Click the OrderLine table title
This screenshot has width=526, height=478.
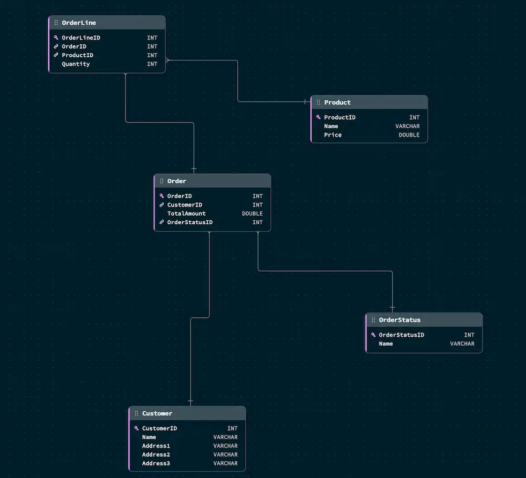coord(79,23)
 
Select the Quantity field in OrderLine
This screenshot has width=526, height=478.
coord(76,64)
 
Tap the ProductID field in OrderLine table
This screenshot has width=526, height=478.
coord(77,55)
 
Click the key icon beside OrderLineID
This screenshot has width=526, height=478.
coord(56,38)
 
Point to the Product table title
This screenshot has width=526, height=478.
coord(337,102)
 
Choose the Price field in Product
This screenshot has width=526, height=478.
coord(333,135)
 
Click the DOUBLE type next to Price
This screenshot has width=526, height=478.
coord(409,135)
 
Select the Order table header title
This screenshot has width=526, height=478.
coord(176,181)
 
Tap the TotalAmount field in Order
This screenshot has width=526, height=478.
coord(186,214)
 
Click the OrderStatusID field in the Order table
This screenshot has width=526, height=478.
coord(190,222)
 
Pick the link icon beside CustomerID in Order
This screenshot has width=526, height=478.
coord(162,205)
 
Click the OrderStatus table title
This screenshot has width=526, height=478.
coord(399,320)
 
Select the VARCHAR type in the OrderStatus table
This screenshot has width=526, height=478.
coord(462,344)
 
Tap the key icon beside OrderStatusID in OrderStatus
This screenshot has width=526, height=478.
coord(373,335)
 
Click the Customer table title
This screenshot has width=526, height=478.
coord(157,413)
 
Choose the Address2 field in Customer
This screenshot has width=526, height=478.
coord(156,454)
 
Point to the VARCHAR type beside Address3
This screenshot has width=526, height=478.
coord(225,463)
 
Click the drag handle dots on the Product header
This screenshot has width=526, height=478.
coord(318,102)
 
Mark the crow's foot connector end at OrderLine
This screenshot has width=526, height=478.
coord(168,60)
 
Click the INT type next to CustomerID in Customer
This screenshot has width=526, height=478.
coord(232,428)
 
